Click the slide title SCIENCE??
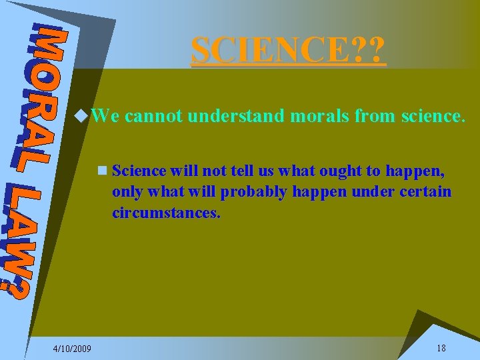[x=289, y=50]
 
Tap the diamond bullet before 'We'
[x=81, y=117]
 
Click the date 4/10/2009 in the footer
[x=73, y=349]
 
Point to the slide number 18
[x=441, y=348]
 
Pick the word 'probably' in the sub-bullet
[x=250, y=192]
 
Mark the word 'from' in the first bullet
[x=376, y=117]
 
